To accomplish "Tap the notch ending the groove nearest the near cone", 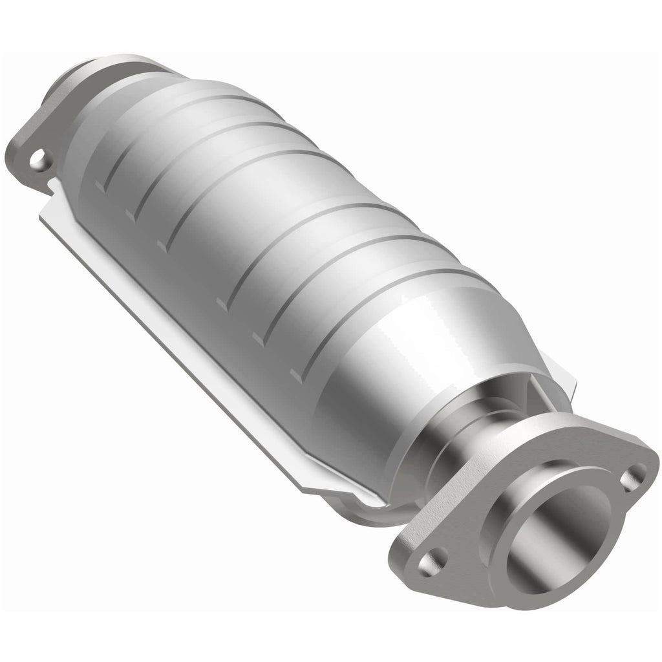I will pos(297,374).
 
